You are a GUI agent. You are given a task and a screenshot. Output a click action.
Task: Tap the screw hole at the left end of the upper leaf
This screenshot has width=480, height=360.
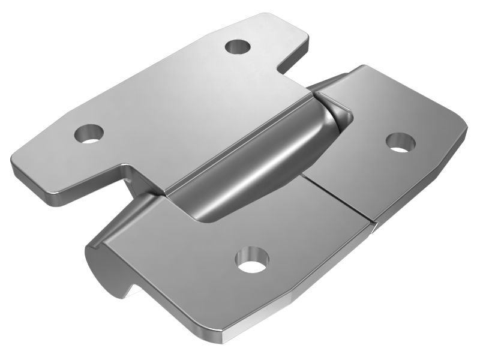tap(89, 132)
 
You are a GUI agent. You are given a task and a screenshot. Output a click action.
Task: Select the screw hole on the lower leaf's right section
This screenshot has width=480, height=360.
tap(401, 142)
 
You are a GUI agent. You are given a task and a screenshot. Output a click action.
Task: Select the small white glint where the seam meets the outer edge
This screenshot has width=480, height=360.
tap(373, 227)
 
